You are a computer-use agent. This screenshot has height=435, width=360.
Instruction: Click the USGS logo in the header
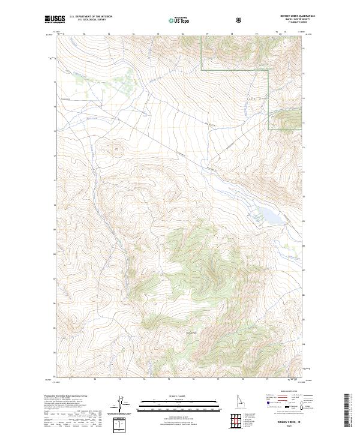(55, 20)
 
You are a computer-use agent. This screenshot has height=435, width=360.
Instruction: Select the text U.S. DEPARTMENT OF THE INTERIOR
(91, 17)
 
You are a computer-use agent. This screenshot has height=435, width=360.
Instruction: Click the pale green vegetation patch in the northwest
(123, 81)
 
